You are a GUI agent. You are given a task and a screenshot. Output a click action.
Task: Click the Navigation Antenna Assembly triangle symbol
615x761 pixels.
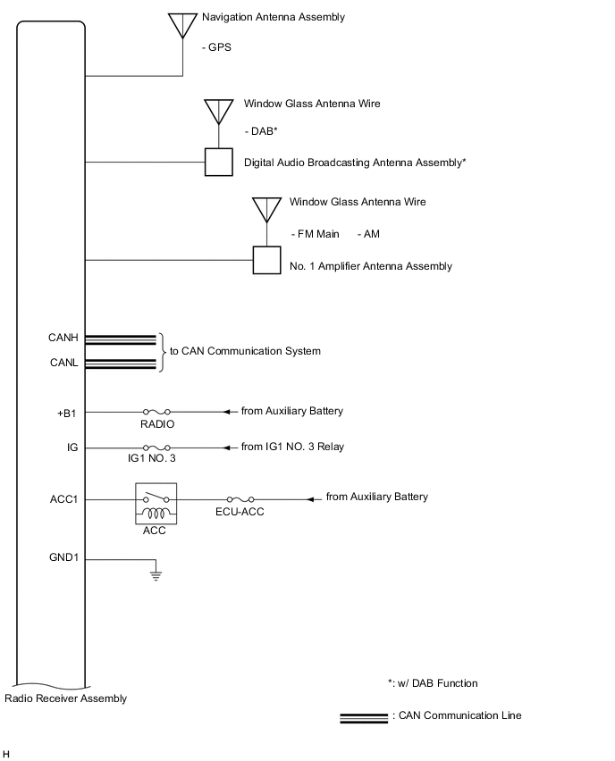(184, 23)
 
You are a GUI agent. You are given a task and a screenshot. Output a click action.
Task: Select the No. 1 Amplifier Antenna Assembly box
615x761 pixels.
(266, 260)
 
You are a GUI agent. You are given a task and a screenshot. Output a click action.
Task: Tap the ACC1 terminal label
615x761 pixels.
(64, 498)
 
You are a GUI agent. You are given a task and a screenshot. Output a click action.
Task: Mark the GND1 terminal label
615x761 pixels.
(64, 558)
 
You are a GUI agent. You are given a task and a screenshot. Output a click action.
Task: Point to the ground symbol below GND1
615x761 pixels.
(156, 574)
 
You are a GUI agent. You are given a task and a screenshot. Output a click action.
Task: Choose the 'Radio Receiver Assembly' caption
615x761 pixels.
(66, 698)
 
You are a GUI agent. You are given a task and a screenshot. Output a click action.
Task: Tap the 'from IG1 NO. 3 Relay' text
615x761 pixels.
(292, 447)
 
